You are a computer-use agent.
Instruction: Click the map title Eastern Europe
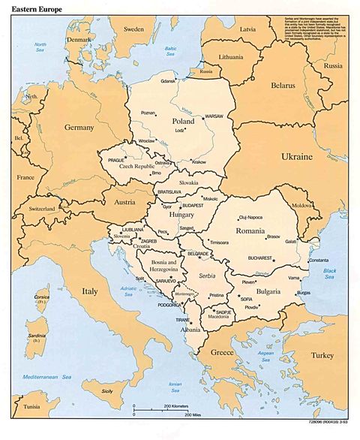pos(35,12)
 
